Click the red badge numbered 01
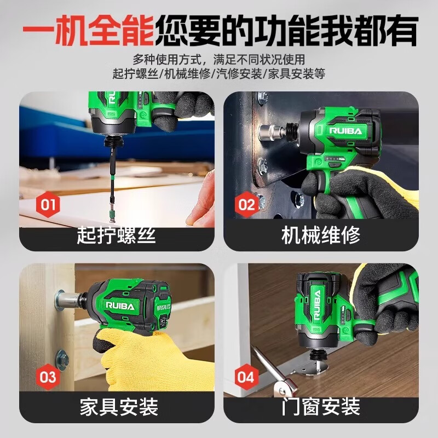pyautogui.click(x=48, y=205)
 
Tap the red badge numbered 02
pyautogui.click(x=247, y=205)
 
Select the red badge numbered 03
pyautogui.click(x=48, y=377)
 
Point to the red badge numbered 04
pyautogui.click(x=246, y=377)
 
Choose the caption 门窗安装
pyautogui.click(x=321, y=407)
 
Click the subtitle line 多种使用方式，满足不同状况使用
pyautogui.click(x=219, y=59)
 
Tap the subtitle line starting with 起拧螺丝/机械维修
pyautogui.click(x=219, y=73)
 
